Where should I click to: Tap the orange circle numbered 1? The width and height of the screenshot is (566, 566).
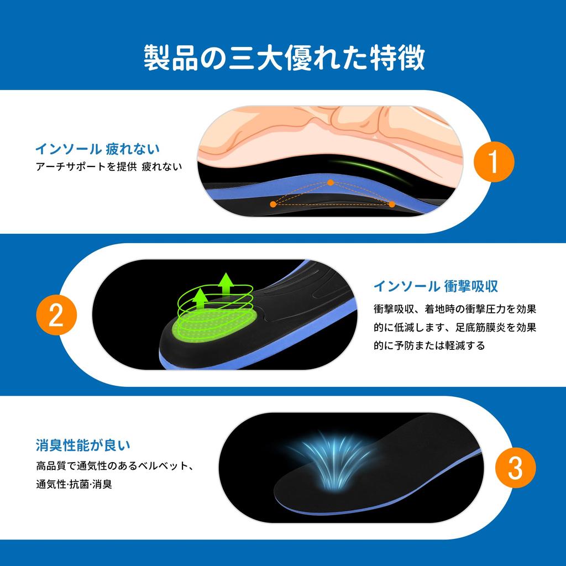[494, 162]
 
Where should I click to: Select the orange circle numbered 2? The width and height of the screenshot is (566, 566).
[57, 315]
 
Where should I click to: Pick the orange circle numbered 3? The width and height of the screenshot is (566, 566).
[515, 468]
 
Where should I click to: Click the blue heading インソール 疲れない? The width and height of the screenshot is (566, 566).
[97, 149]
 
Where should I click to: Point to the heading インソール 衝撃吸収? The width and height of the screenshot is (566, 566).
[436, 286]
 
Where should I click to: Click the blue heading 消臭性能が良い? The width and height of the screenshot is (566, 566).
[83, 445]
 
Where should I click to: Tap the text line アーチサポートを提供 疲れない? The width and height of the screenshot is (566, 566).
[109, 166]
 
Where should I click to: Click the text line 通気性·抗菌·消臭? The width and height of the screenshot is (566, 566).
[74, 484]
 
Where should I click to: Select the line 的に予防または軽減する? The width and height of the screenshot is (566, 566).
[429, 345]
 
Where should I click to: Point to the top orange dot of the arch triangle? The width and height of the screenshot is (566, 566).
[331, 182]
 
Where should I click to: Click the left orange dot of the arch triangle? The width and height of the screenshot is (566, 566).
[273, 205]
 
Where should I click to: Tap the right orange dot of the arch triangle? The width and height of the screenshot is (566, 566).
[392, 205]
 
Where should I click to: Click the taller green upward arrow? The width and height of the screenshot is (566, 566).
[226, 285]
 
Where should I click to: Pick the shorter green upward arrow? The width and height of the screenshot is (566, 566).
[200, 299]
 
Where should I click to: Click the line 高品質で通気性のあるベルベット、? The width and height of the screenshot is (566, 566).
[115, 465]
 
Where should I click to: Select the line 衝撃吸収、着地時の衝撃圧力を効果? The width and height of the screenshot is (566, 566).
[455, 309]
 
